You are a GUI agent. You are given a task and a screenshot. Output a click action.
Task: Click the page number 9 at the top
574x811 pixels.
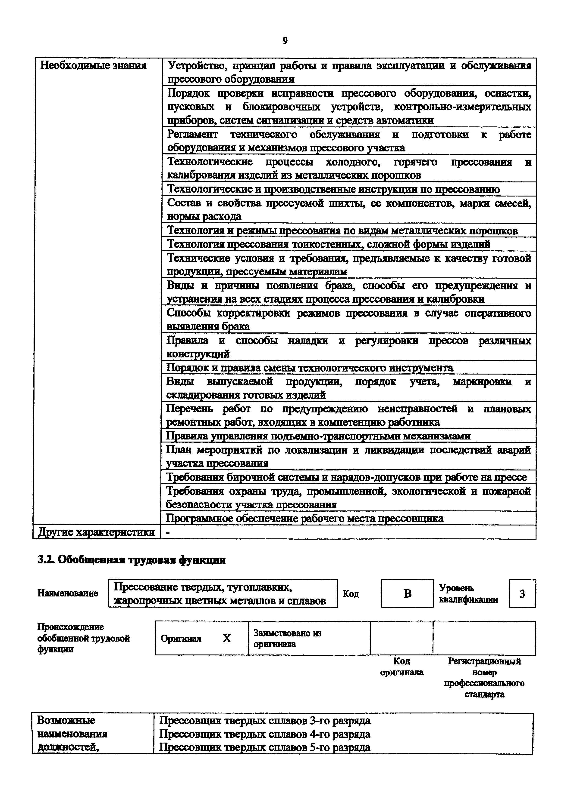click(285, 41)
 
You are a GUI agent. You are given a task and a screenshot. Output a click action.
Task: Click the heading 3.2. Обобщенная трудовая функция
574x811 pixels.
click(131, 560)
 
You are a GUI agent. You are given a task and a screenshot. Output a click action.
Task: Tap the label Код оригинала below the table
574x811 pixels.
click(401, 667)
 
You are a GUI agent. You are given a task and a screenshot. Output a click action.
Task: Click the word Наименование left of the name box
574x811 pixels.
click(68, 593)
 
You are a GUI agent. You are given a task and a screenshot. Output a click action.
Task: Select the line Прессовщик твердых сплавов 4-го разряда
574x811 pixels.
click(265, 734)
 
